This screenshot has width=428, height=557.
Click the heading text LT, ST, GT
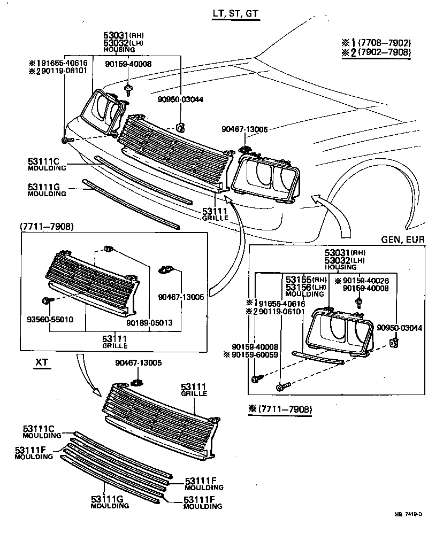(236, 13)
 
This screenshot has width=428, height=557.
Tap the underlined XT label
(42, 362)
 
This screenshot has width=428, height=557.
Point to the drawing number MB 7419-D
(409, 514)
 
